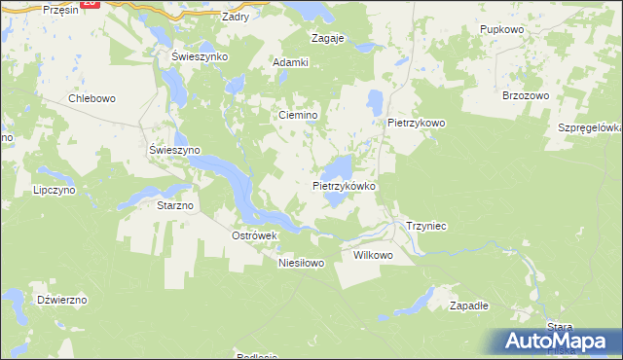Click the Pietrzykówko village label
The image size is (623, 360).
coord(345,185)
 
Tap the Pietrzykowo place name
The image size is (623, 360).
coord(417,124)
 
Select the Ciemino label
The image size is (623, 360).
coord(299,115)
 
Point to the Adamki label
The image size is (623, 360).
coord(291,62)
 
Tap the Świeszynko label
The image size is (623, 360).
coord(200,56)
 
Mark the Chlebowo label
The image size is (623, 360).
coord(92,98)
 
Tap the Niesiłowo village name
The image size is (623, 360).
coord(301,263)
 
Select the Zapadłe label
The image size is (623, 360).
coord(469,305)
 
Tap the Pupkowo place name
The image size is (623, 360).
coord(502,30)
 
